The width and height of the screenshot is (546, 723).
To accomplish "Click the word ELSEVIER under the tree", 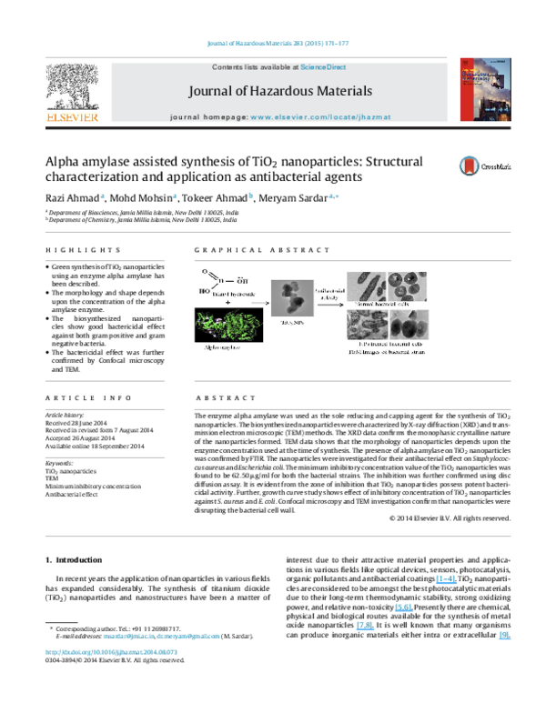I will coord(73,118).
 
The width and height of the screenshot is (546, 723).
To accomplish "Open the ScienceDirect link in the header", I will coord(325,67).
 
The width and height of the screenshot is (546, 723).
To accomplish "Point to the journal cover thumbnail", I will coord(484,89).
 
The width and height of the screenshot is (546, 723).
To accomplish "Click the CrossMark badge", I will coord(483,166).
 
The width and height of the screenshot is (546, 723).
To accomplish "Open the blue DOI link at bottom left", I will coord(111,652).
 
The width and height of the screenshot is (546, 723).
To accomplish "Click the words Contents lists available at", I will coord(244,67).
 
